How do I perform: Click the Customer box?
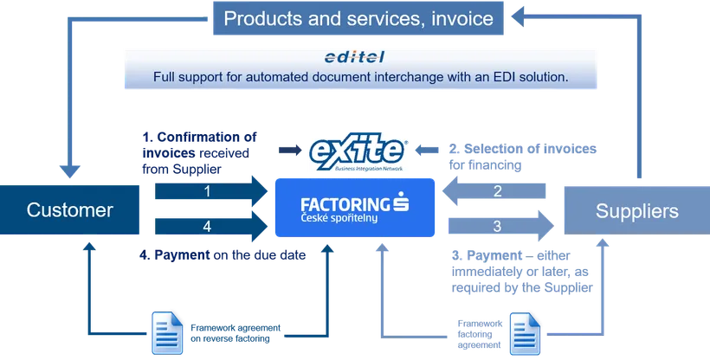coord(69,209)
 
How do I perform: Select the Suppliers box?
coord(637,210)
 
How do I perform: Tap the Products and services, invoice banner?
coord(358,18)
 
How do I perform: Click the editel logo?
coord(354,57)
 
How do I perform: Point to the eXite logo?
coord(358,151)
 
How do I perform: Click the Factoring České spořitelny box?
coord(355,208)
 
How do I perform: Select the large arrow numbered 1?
coord(211,191)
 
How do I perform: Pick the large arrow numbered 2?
coord(494,191)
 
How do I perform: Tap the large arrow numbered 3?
coord(501,226)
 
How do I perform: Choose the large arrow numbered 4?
coord(211,226)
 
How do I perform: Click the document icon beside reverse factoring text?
coord(167,333)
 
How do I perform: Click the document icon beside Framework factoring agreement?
coord(526,334)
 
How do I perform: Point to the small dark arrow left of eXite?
coord(290,150)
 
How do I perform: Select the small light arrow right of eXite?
coord(427,150)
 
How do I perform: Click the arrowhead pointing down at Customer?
coord(70,171)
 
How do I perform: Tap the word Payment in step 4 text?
coord(182,255)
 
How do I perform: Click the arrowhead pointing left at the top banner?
coord(518,16)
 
